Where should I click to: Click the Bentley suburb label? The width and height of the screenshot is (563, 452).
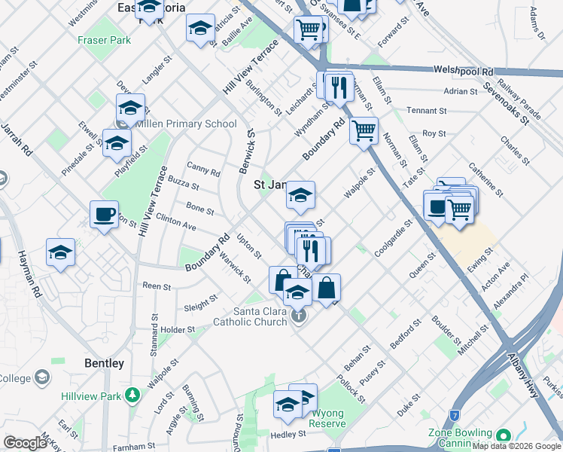(x=105, y=363)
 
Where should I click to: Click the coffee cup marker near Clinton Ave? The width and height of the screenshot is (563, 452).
(x=104, y=215)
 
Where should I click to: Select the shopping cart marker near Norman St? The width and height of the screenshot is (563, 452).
(x=364, y=131)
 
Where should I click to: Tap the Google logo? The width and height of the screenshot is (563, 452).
(x=25, y=443)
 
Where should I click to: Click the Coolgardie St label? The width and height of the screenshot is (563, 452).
(x=395, y=237)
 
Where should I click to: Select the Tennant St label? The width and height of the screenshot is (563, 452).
(x=427, y=111)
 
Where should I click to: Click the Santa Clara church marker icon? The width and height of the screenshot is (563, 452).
(x=299, y=316)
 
